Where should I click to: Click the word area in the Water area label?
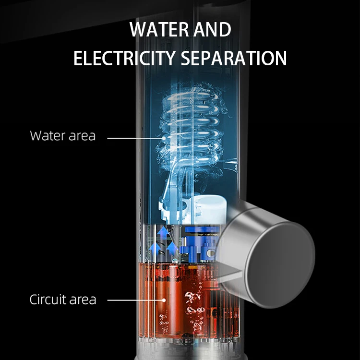click(x=81, y=136)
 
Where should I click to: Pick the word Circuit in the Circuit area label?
click(x=50, y=300)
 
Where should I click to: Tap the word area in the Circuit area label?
click(x=84, y=300)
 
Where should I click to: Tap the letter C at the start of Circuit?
click(x=34, y=300)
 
